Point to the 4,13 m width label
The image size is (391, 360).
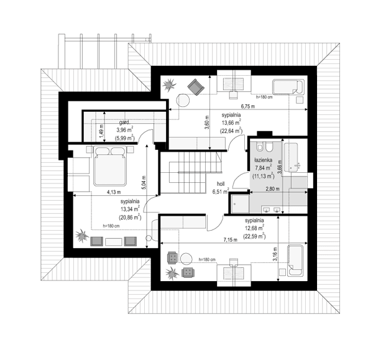point(113,192)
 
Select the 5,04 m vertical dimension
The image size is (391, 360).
point(143,182)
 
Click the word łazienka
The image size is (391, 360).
point(264,159)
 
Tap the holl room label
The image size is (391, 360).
point(220,184)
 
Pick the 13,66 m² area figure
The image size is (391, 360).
point(231,123)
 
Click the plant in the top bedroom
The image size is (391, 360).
point(170,86)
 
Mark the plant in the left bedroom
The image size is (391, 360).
point(81,236)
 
